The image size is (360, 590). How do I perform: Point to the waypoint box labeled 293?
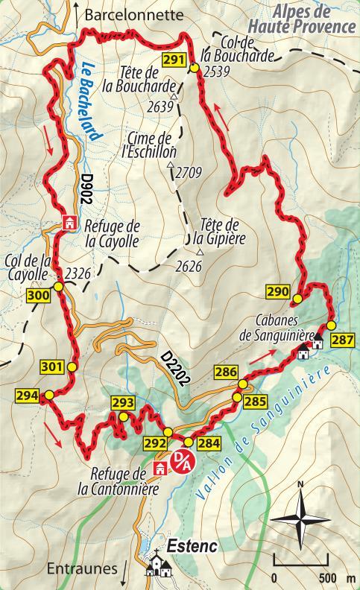[x=123, y=403]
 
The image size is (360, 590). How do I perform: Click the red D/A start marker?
[x=182, y=460]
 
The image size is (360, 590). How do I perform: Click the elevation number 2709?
[x=189, y=174]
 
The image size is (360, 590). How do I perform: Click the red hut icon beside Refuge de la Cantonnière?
[x=160, y=469]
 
